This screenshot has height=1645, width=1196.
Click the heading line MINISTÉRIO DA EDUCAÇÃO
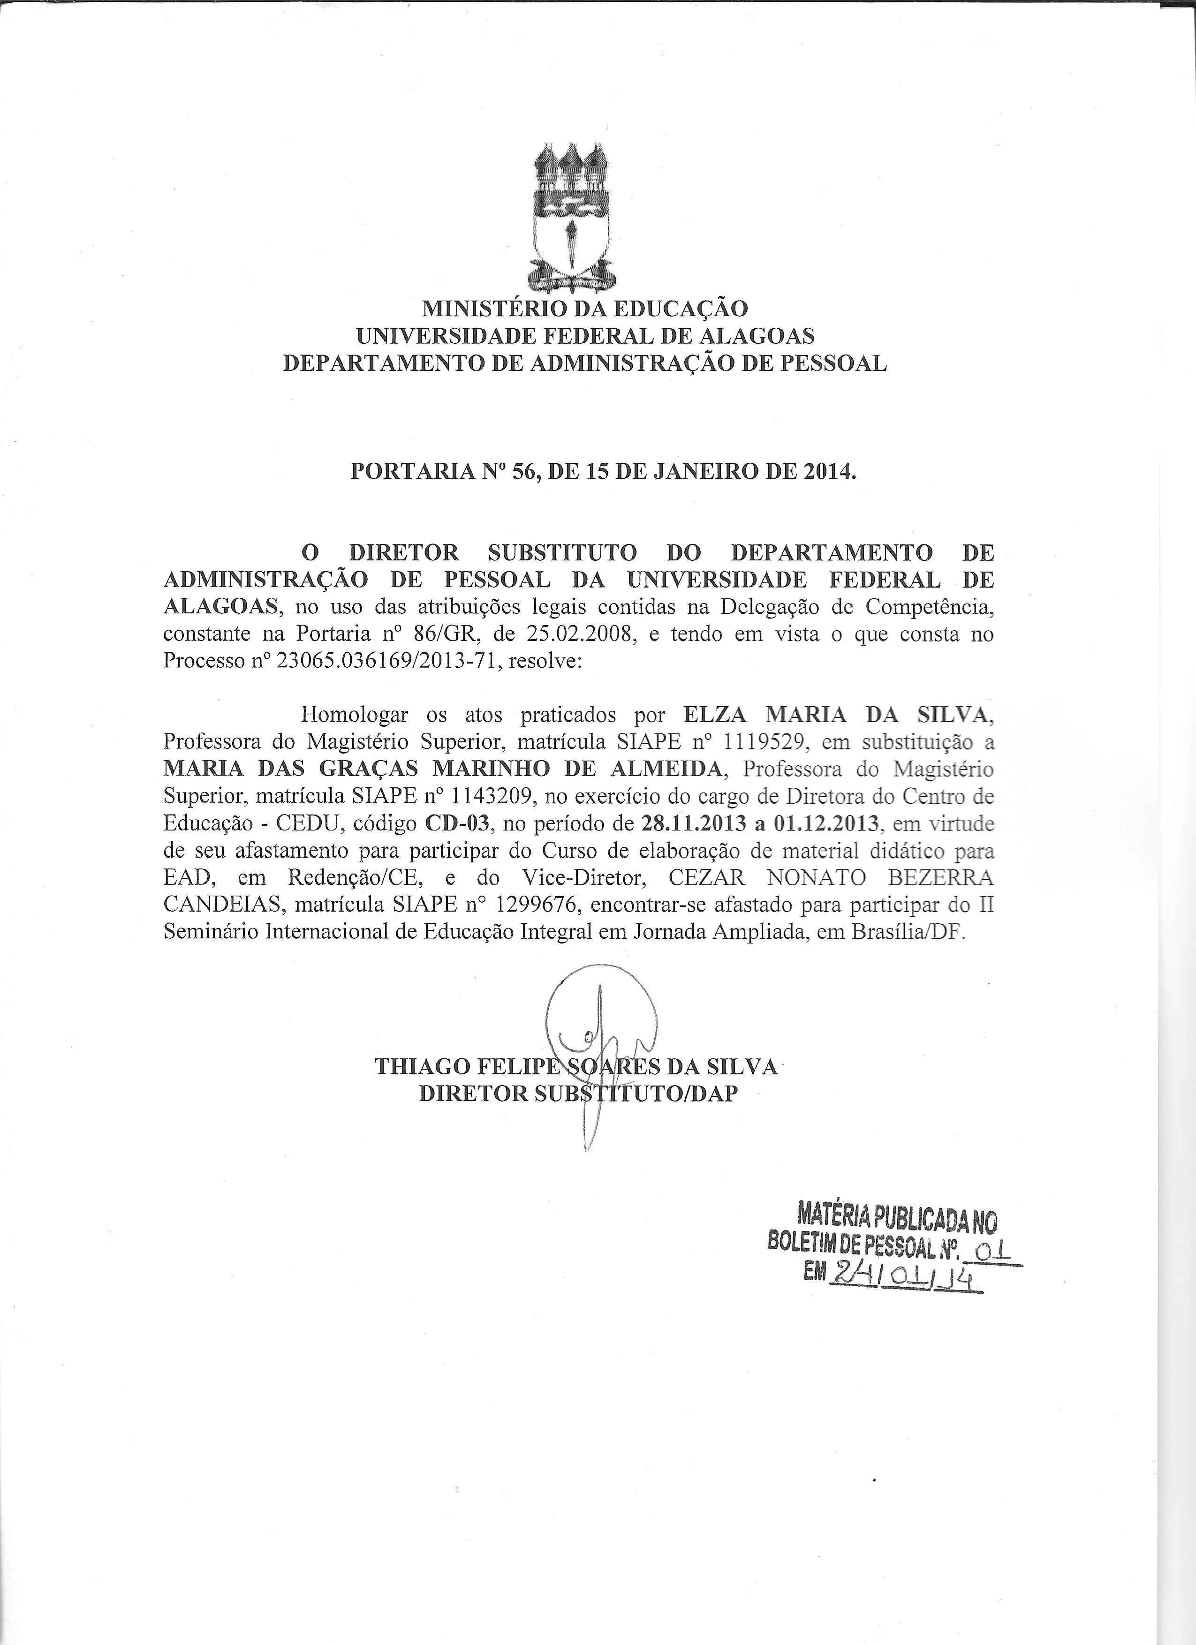coord(584,308)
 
